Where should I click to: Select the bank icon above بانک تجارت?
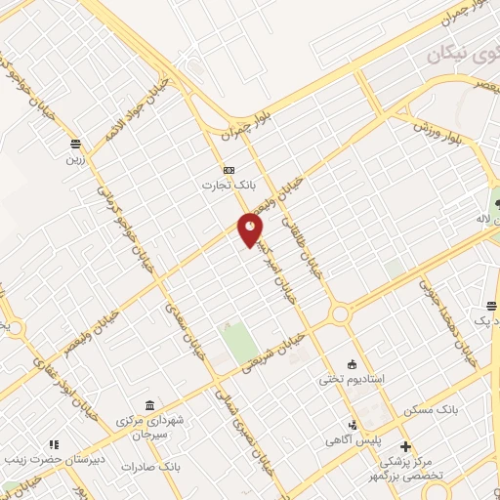click(229, 168)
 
